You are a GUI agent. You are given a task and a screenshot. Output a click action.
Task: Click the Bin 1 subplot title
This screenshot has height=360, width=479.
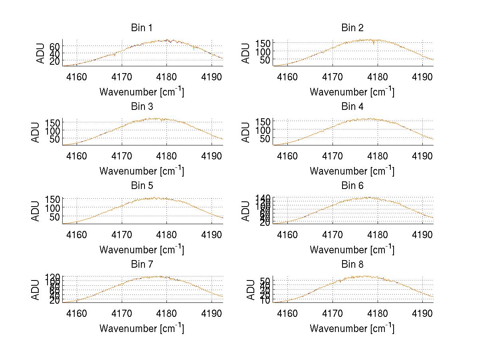142,28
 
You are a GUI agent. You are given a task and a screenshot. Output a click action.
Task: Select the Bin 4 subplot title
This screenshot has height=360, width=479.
352,107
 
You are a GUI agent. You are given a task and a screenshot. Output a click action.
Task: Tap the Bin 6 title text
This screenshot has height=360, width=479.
352,185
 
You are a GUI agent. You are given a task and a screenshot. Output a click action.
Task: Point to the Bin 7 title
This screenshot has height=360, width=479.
142,264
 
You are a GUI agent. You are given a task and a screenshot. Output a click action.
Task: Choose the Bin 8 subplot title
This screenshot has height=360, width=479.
352,264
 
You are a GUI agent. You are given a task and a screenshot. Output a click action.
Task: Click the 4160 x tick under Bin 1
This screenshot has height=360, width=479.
77,77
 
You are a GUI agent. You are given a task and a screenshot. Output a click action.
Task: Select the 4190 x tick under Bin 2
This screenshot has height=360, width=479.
423,77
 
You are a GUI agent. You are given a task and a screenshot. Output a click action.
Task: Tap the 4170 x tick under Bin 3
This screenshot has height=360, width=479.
122,155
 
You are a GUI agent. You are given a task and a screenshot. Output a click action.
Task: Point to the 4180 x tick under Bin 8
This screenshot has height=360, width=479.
378,313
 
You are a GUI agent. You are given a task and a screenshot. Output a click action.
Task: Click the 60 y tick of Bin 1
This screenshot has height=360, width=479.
55,46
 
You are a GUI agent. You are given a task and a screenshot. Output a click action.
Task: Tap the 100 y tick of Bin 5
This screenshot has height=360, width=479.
52,208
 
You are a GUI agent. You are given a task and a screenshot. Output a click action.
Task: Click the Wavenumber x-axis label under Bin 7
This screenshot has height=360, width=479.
142,328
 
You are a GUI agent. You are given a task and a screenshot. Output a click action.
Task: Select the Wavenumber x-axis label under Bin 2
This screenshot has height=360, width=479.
352,92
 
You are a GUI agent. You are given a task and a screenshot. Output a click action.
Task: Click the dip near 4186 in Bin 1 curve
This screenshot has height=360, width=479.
194,49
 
